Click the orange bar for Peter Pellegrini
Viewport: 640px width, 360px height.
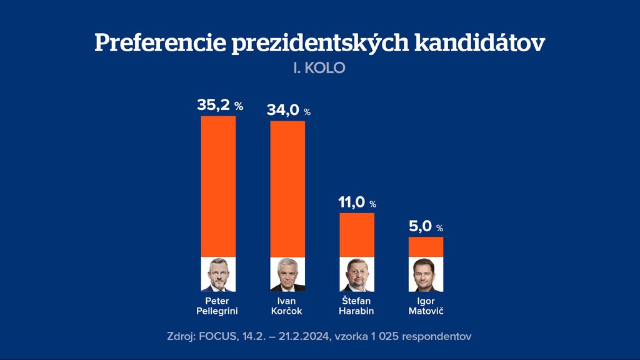tap(218, 186)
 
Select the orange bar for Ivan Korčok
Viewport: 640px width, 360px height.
tap(287, 189)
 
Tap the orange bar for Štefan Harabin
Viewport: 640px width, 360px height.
tap(357, 235)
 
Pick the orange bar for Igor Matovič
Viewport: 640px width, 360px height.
tap(426, 247)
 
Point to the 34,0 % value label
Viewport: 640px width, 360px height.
tap(289, 111)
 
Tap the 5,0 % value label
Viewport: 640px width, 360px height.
tap(426, 227)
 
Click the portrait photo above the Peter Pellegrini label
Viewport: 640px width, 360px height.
tap(218, 274)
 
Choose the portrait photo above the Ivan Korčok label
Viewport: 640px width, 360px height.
tap(287, 274)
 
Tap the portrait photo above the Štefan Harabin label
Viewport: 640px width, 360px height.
tap(357, 274)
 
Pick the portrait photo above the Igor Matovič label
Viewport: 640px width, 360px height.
tap(426, 274)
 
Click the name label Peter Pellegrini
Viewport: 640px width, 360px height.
tap(217, 306)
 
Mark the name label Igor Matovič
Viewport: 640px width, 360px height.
tap(426, 306)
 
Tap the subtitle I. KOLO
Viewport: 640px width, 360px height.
tap(319, 67)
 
